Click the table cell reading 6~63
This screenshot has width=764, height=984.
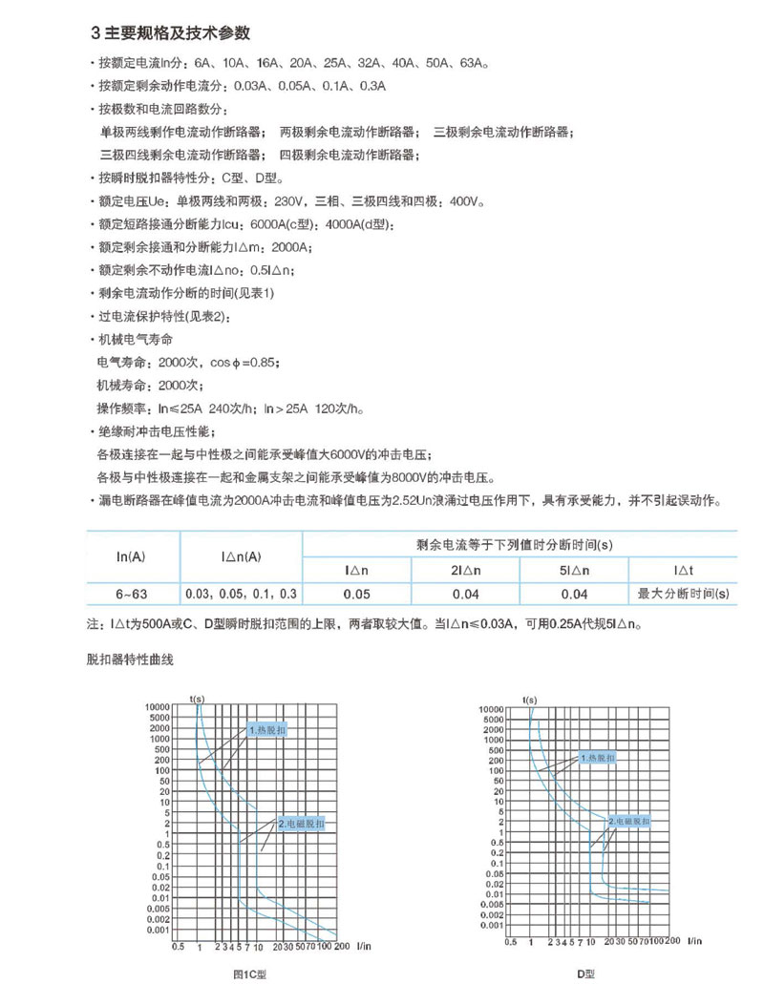[130, 594]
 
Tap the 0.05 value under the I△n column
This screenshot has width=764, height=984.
[357, 594]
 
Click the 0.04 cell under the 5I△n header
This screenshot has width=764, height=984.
[575, 594]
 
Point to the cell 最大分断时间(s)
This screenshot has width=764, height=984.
[684, 594]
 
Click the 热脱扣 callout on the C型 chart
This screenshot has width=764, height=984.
[268, 730]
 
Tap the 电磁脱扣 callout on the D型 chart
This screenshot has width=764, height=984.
[630, 821]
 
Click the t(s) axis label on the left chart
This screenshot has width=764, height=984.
[198, 699]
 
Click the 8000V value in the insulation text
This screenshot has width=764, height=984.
[432, 476]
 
